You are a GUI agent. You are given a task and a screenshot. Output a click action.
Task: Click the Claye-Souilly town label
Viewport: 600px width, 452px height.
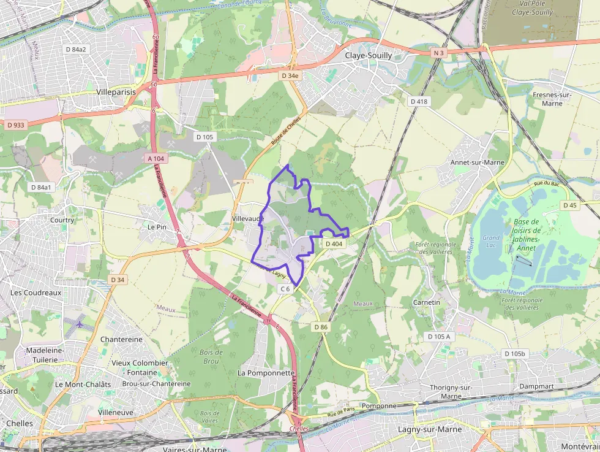pos(369,55)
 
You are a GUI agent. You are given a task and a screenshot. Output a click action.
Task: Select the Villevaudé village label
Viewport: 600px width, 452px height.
pos(248,218)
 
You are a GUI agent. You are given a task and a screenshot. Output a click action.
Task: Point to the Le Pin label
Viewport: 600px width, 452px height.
pos(157,226)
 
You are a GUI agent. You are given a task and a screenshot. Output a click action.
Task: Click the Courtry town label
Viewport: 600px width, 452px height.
pos(62,220)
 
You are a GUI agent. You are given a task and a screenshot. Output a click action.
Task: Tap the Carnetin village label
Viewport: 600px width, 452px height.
pos(427,302)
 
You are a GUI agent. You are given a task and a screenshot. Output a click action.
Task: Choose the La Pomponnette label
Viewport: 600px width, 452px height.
pos(266,373)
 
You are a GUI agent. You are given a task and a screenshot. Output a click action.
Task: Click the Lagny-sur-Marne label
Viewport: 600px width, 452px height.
pos(430,429)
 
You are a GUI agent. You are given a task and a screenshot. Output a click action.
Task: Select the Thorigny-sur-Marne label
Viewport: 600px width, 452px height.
pos(450,392)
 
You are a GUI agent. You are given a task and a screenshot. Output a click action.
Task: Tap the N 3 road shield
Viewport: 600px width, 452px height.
pos(438,53)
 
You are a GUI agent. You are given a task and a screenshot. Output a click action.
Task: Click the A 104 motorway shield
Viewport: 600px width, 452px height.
pos(156,158)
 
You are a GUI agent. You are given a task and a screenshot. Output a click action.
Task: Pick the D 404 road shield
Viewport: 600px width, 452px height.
pos(334,243)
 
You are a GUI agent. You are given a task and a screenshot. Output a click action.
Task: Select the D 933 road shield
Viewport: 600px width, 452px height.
pos(16,125)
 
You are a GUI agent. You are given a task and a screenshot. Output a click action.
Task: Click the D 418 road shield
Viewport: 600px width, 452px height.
pos(419,101)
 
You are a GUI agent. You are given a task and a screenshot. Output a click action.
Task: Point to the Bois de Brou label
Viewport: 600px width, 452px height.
pos(211,356)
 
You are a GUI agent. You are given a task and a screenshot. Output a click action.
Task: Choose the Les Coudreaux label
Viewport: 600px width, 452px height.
pos(36,293)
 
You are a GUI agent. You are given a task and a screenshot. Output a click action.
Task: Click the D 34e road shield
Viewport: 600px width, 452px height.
pos(290,75)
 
